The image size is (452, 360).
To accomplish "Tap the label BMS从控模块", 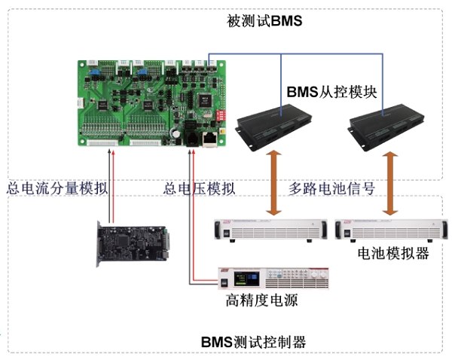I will click(331, 92).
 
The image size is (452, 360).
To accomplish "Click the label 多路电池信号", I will click(331, 188).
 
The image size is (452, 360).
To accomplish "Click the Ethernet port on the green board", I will click(210, 139).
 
